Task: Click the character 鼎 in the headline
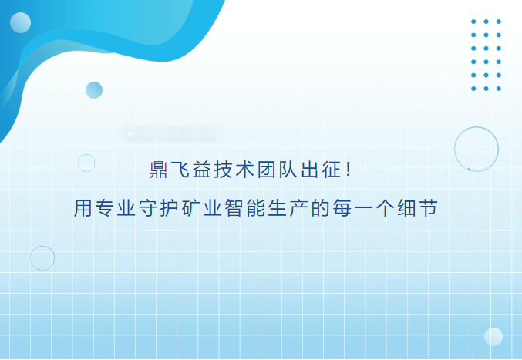coord(158,170)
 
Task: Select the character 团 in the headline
coord(266,170)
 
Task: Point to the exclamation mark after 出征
coord(349,169)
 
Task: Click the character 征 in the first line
coord(332,170)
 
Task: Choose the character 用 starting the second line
coord(83,208)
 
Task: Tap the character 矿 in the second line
coord(190,208)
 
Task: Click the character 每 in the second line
coord(342,208)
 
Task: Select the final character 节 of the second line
coord(429,208)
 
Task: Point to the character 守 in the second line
coord(147,208)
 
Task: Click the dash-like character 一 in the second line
coord(363,209)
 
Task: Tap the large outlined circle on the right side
coord(454,149)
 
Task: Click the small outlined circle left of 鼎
coord(78,163)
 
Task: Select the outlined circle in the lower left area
coord(30,258)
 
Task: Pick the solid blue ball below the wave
coord(94,90)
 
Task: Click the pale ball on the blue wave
coord(20,22)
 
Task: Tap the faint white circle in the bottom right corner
coord(493,337)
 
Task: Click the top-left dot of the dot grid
coord(473,22)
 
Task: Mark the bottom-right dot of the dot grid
coord(499,89)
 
